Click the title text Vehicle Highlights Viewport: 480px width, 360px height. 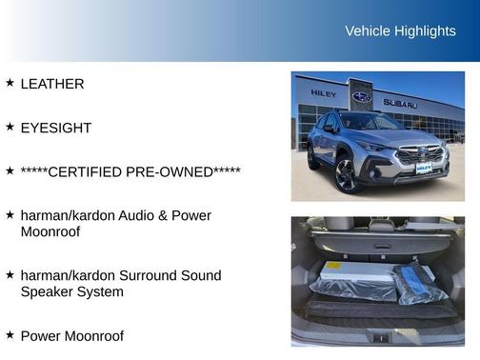click(x=400, y=30)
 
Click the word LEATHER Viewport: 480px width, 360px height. click(x=52, y=84)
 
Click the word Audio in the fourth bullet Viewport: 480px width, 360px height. click(x=143, y=215)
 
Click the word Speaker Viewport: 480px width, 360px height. click(x=47, y=291)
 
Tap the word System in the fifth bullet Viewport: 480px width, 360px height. click(x=100, y=291)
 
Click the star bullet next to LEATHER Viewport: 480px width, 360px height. click(x=10, y=83)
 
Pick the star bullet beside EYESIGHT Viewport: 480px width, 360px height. click(x=10, y=127)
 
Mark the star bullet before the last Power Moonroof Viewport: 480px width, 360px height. click(x=10, y=335)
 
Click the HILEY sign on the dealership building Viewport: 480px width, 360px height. click(x=322, y=93)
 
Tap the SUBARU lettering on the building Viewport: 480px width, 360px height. click(x=400, y=103)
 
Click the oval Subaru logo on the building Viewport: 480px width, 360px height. click(x=362, y=97)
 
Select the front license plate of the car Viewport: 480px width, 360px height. click(x=422, y=168)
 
